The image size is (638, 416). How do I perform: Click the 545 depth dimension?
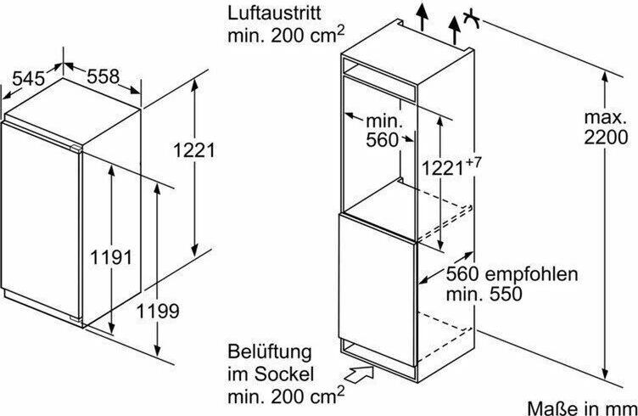click(28, 78)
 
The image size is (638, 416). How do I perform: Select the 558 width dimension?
click(103, 76)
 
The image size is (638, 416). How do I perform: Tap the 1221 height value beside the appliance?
click(194, 150)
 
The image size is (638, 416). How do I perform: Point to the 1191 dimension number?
click(111, 257)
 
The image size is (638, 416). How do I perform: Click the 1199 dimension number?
click(158, 312)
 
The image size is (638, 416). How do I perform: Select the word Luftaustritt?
click(274, 13)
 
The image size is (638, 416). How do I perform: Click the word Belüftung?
click(269, 351)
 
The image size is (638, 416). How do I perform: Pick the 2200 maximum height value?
click(606, 138)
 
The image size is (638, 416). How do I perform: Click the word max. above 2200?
click(605, 118)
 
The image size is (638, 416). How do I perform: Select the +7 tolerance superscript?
click(473, 162)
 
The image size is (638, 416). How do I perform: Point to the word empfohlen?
click(531, 275)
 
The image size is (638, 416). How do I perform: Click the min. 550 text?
click(484, 294)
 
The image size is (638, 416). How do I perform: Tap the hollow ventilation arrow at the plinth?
click(359, 374)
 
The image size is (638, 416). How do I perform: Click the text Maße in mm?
click(582, 408)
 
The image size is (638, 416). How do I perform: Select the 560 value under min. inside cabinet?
click(382, 139)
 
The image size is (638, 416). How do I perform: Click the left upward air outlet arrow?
click(422, 17)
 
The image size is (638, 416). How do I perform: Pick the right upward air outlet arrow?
click(455, 31)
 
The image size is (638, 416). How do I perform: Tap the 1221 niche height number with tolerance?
click(442, 167)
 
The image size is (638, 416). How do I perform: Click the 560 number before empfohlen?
click(462, 274)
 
